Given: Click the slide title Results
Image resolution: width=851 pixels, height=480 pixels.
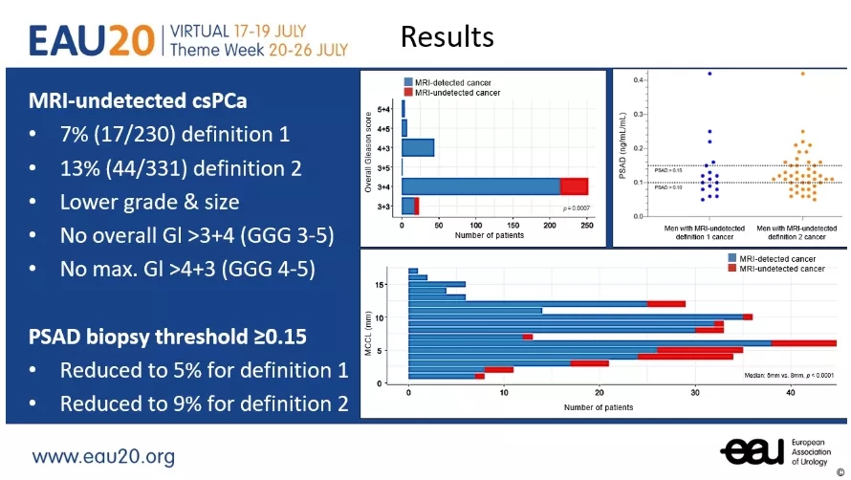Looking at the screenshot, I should [x=447, y=36].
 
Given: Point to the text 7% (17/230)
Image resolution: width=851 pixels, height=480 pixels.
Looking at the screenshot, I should [x=120, y=134].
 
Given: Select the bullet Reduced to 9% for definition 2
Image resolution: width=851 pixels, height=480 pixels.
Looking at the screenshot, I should [x=204, y=404].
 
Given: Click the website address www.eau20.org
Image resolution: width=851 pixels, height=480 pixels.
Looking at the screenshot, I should [x=104, y=456].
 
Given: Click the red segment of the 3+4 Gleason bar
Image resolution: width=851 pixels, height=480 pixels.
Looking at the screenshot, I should [x=574, y=185].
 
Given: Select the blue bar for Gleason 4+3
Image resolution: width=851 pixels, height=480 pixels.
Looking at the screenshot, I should [x=418, y=148].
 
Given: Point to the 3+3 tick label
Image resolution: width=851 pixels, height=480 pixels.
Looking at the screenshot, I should [x=382, y=206].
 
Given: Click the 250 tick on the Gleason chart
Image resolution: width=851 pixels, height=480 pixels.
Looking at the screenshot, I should [x=587, y=226].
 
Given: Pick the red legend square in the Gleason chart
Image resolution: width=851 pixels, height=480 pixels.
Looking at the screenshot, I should [x=408, y=93].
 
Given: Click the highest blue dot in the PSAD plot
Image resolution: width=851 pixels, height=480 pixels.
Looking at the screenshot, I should [x=709, y=74].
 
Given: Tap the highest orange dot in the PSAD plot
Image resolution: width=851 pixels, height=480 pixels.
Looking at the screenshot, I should [x=802, y=74].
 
